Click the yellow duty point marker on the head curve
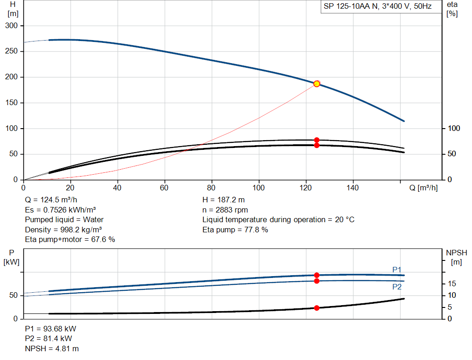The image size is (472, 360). pos(317,84)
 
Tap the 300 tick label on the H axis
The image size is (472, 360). pos(12,26)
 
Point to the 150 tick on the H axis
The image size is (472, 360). pos(12,103)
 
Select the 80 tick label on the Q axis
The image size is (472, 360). pos(211,188)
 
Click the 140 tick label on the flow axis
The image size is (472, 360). pos(353,188)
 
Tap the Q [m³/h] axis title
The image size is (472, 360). pos(424,188)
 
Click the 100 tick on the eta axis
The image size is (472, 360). pos(454,129)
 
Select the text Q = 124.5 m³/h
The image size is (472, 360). pos(51,200)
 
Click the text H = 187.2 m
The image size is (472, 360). pos(224,200)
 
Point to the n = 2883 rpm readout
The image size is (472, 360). pos(225,210)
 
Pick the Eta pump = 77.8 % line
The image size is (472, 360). pos(235,230)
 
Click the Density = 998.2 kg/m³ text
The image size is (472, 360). pos(63,230)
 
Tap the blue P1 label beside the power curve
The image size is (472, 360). pos(397,269)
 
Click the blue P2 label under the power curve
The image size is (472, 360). pos(397,287)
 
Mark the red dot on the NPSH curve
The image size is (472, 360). pos(317,308)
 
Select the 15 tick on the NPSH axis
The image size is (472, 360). pos(452,283)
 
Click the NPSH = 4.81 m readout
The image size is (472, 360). pos(52,348)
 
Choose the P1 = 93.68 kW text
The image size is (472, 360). pos(51,329)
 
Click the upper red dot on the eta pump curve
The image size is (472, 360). pos(317,140)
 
